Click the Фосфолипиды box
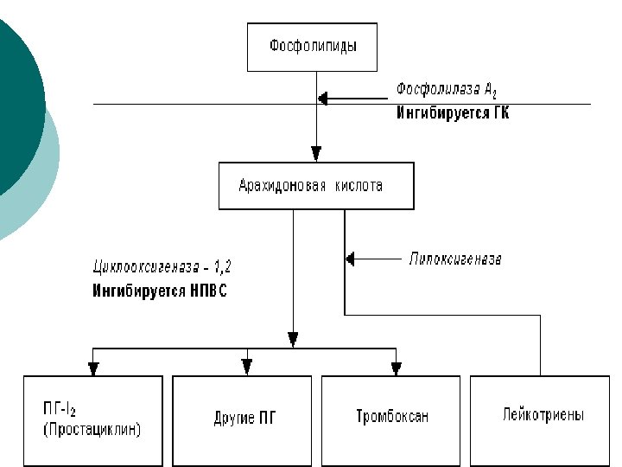click(313, 47)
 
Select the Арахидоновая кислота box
click(316, 186)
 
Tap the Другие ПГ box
click(246, 419)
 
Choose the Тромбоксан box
click(392, 417)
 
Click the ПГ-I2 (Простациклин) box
click(93, 419)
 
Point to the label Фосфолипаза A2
click(447, 90)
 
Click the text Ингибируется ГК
click(453, 112)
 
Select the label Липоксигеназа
click(455, 259)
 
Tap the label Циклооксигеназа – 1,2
click(162, 265)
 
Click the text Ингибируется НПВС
click(160, 291)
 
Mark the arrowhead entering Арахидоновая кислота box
click(316, 154)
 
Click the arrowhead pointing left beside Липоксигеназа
click(350, 259)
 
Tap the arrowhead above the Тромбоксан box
click(397, 368)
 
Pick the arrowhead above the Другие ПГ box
click(247, 368)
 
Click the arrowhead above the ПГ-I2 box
click(93, 368)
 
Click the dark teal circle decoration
click(16, 95)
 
